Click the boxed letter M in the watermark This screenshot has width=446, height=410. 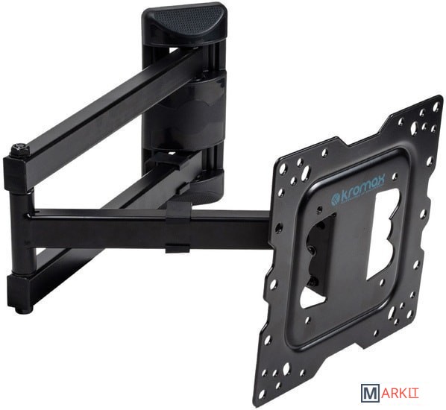(368, 395)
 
